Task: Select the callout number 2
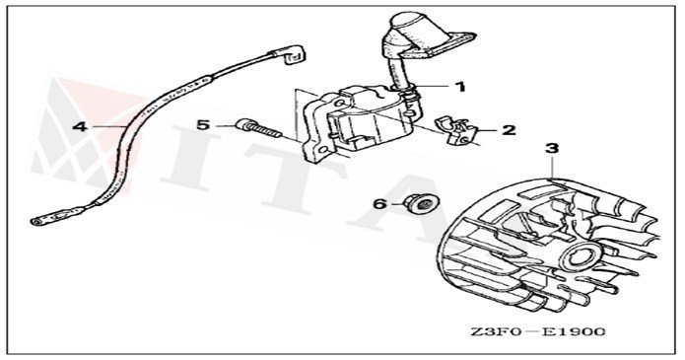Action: pos(509,130)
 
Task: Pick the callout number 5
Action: pos(203,125)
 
